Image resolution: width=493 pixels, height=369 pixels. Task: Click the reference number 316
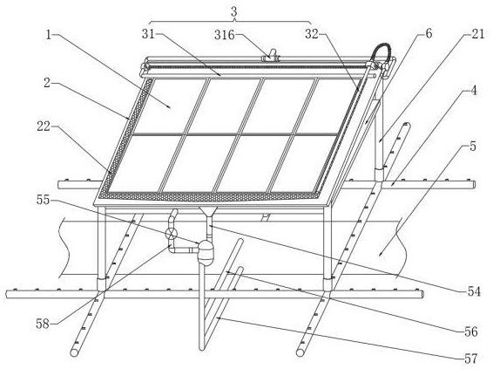pos(225,35)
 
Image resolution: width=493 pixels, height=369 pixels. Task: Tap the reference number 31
pos(148,34)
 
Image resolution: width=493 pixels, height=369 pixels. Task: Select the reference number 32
pos(312,34)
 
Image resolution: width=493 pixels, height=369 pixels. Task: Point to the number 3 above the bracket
pos(234,12)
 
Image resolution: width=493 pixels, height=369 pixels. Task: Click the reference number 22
pos(44,126)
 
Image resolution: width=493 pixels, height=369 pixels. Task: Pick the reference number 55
pos(43,200)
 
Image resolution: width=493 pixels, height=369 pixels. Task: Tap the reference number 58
pos(43,324)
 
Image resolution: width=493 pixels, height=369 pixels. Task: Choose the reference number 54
pos(474,291)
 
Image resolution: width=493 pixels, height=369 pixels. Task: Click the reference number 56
pos(471,331)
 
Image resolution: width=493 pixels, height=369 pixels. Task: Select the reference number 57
pos(471,359)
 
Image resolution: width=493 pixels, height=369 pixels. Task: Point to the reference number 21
pos(478,34)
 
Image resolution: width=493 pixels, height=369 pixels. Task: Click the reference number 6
pos(429,33)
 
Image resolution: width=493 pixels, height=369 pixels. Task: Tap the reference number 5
pos(473,147)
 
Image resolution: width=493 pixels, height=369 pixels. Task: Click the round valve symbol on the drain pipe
pos(172,233)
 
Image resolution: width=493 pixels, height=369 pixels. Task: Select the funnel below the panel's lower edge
pos(207,212)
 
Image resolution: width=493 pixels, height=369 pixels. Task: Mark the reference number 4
pos(473,91)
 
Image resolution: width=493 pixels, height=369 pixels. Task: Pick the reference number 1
pos(48,34)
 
